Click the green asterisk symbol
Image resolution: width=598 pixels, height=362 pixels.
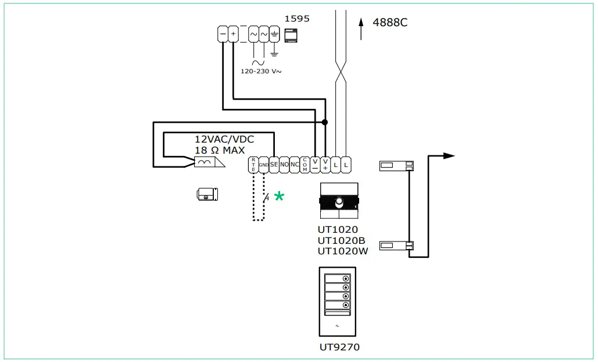tap(279, 197)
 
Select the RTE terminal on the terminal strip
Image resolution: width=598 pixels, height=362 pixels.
tap(253, 164)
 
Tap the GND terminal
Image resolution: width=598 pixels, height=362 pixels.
tap(264, 164)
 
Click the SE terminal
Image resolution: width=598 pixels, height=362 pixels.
tap(274, 164)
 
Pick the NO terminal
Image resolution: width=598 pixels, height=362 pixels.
tap(284, 164)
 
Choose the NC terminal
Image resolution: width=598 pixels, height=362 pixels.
tap(295, 164)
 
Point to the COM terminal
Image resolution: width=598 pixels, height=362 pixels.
tap(305, 164)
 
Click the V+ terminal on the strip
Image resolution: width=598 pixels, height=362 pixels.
tap(325, 164)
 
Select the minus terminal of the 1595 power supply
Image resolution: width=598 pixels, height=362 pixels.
tap(223, 34)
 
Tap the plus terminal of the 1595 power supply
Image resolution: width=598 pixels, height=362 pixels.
tap(233, 34)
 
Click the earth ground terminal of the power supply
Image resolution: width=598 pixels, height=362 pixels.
tap(274, 35)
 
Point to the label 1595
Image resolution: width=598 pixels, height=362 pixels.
tap(296, 19)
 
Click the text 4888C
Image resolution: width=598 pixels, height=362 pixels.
tap(390, 23)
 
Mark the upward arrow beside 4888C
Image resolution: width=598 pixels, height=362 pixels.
tap(361, 28)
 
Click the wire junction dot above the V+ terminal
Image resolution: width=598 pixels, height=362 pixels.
tap(325, 122)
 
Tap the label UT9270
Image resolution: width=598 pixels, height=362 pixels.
tap(339, 347)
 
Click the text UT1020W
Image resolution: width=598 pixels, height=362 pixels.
tap(342, 251)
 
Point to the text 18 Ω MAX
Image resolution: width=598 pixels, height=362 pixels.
tap(220, 150)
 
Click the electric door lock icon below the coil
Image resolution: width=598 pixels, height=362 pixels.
tap(207, 195)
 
